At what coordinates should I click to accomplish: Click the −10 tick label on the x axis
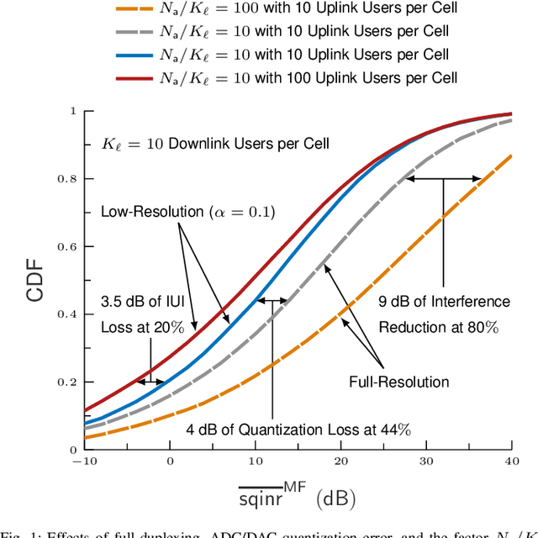[x=85, y=462]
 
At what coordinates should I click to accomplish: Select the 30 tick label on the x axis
[x=426, y=462]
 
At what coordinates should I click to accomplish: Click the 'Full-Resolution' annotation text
[x=399, y=382]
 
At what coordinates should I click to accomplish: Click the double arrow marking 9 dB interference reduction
[x=442, y=178]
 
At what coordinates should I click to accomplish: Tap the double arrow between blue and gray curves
[x=272, y=300]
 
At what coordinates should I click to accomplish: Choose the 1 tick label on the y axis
[x=73, y=111]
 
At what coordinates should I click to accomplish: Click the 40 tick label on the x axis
[x=511, y=462]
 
